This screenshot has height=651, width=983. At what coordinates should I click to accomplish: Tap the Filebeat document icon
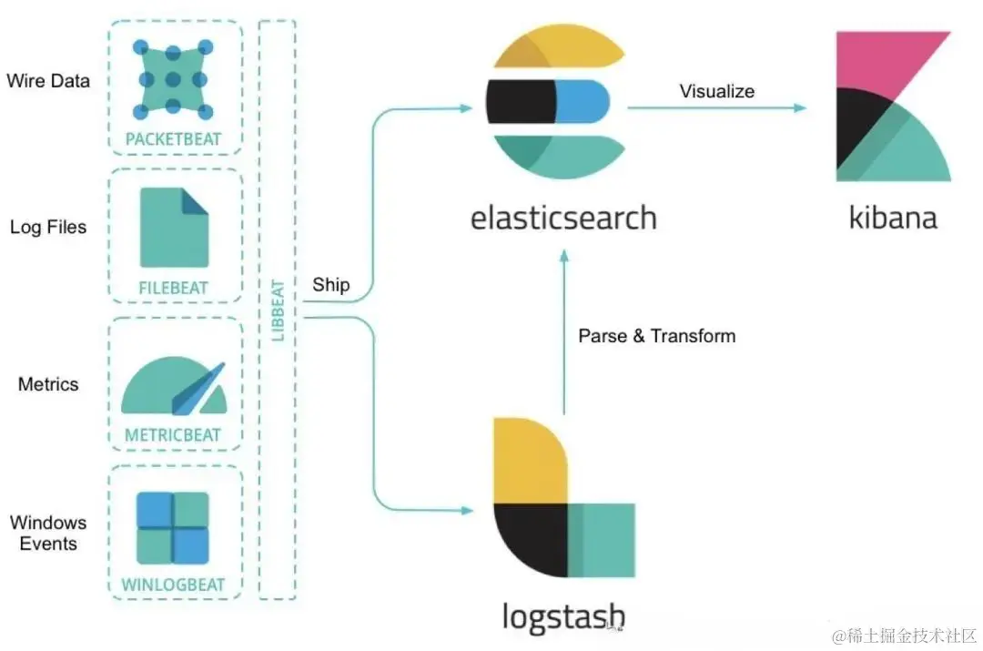(174, 228)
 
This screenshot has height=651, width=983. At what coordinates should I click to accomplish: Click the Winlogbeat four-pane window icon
(173, 528)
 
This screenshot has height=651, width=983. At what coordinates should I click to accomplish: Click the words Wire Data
(48, 80)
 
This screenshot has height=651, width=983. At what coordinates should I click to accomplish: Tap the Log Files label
(48, 227)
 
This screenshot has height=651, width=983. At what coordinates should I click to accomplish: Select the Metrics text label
(48, 384)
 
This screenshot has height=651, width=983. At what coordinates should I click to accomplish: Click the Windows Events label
(48, 533)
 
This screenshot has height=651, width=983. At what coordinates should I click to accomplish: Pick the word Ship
(331, 285)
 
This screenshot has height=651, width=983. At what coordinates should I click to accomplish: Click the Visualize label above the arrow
(717, 91)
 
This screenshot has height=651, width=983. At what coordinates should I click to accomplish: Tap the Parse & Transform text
(656, 336)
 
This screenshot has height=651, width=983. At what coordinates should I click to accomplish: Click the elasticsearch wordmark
(563, 219)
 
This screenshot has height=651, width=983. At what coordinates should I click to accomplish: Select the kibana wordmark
(892, 219)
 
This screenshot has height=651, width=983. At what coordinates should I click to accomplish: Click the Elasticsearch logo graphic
(555, 102)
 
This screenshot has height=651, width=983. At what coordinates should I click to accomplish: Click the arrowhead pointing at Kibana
(800, 107)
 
